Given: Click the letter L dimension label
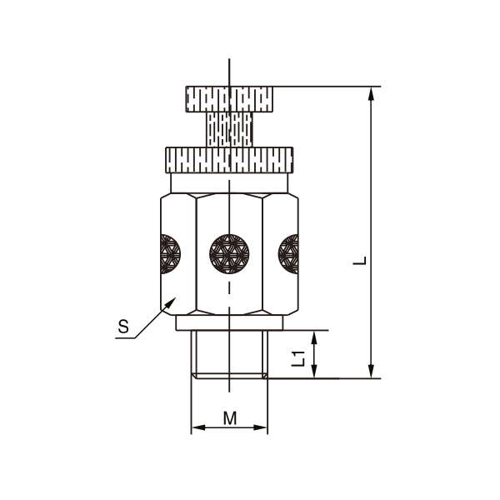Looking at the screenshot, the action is (x=360, y=261).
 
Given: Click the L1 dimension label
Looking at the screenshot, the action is (x=298, y=358).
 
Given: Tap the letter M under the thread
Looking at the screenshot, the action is (x=230, y=418).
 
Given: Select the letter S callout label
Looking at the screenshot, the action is (x=123, y=327).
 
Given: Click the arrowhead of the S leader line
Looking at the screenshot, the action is (x=171, y=302).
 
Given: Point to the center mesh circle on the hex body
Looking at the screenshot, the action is (x=229, y=254).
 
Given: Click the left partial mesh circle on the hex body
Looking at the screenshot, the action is (x=170, y=254).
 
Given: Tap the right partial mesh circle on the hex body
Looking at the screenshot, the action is (x=288, y=254).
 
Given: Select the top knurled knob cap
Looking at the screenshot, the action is (x=229, y=99).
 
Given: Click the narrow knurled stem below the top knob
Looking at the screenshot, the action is (x=229, y=129).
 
